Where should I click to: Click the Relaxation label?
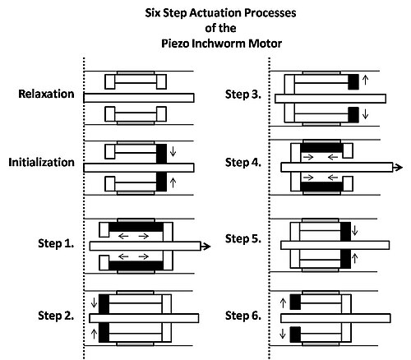tap(46, 94)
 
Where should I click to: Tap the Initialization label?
tap(41, 162)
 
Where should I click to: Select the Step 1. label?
tap(56, 243)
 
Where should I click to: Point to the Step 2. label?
tap(56, 316)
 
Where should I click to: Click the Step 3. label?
tap(243, 95)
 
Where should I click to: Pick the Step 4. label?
tap(243, 163)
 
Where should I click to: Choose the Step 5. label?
tap(243, 238)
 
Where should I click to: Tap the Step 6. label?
tap(243, 316)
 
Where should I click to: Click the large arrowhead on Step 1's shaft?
tap(206, 247)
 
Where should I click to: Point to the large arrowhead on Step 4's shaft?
tap(398, 168)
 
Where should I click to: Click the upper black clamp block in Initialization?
tap(161, 154)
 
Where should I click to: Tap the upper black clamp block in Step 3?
tap(353, 81)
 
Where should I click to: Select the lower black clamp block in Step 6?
tap(295, 335)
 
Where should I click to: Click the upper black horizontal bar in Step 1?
tap(136, 227)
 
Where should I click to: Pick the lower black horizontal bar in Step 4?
tap(322, 187)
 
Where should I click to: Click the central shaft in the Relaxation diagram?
tap(139, 98)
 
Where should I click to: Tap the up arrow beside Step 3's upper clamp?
tap(365, 80)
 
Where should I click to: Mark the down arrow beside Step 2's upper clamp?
tap(94, 302)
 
